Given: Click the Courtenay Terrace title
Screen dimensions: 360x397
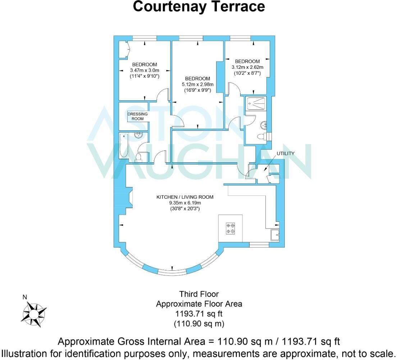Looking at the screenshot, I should (199, 6).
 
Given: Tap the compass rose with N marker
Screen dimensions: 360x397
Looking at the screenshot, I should (34, 312).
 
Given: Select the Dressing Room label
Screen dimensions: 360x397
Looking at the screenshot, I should (137, 116).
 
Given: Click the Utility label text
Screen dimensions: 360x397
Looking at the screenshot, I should (285, 153).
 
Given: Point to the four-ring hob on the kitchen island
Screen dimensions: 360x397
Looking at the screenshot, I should (231, 228).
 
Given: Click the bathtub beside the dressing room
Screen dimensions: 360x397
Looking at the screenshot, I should (124, 145).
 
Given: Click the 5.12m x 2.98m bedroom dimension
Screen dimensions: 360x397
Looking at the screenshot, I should (197, 85).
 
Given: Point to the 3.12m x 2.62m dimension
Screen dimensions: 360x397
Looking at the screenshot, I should (247, 67).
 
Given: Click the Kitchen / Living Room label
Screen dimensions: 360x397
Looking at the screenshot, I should (185, 197).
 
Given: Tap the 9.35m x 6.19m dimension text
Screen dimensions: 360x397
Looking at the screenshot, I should (185, 203).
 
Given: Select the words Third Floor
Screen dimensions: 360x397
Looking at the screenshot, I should (199, 294).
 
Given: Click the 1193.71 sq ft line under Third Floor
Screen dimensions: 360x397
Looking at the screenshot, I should (199, 314).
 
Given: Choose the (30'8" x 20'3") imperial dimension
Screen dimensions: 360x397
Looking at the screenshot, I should (185, 208).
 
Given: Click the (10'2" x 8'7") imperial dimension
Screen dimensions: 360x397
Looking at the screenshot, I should (247, 73).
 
